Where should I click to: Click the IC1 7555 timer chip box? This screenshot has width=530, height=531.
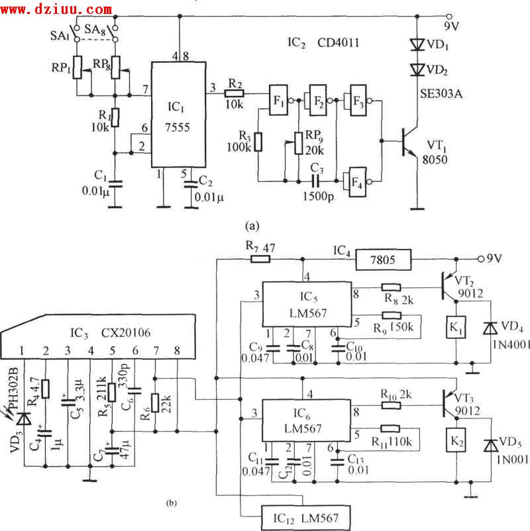[x=179, y=115]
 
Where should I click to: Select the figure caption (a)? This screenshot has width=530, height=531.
[x=251, y=226]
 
